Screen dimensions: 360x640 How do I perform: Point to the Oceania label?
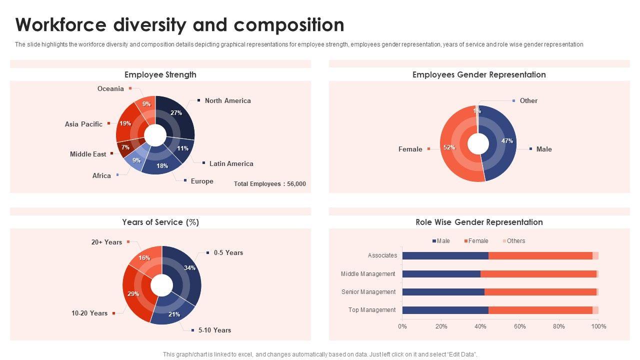pos(110,89)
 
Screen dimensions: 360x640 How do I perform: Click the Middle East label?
pos(88,154)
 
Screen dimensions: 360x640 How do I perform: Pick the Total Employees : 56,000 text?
pos(270,184)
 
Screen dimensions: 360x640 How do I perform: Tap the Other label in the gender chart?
pos(528,101)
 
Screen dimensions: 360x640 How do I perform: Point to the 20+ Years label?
pos(106,242)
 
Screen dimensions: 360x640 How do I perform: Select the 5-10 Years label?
pos(214,330)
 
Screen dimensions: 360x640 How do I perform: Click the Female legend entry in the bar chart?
pos(478,241)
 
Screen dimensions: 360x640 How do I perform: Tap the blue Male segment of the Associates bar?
pos(445,255)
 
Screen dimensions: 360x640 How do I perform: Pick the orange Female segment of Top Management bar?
pos(540,310)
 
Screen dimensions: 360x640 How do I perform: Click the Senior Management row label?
pos(368,292)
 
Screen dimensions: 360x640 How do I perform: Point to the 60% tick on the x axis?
pos(520,326)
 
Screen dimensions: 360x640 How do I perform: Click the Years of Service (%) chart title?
pos(160,222)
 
